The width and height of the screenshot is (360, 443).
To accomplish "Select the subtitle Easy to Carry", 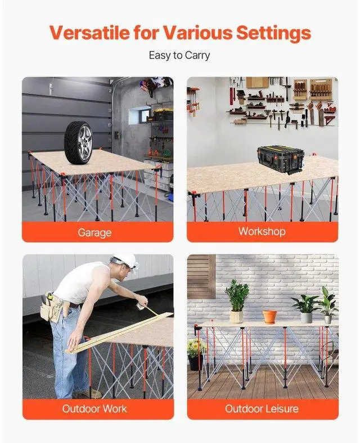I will pos(179,56).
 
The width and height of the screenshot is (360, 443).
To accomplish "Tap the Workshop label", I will pos(262,231).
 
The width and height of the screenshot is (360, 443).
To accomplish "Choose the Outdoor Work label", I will pos(95,408).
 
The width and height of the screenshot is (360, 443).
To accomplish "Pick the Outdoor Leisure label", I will pos(262,408).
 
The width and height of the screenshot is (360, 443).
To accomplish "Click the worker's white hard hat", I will pos(126,261).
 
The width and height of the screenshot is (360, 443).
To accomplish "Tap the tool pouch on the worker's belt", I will pos(52,306).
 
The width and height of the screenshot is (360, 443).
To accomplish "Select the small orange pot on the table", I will pos(270,316).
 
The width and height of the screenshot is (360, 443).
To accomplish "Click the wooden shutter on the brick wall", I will pos(201,276).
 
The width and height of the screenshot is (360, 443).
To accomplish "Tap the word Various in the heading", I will pos(201,32).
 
